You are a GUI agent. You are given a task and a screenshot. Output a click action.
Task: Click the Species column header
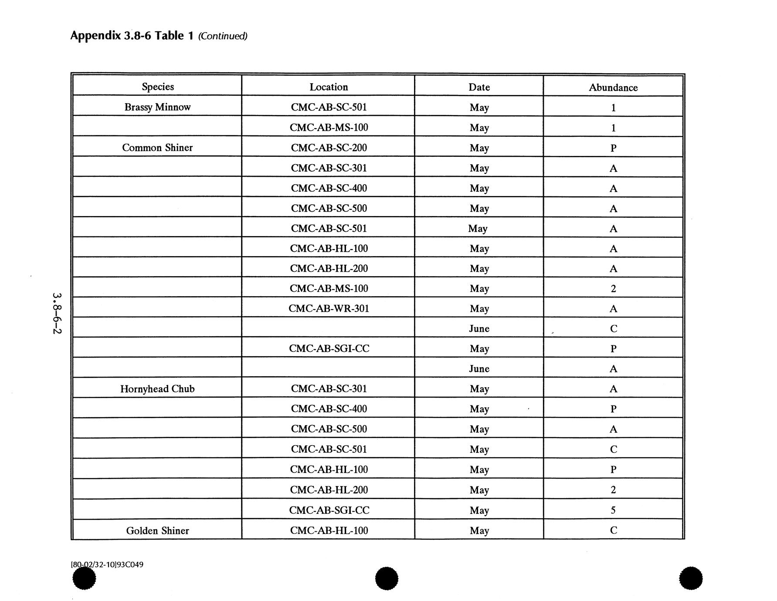click(157, 87)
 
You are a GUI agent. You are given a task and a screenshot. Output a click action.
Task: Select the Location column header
click(329, 87)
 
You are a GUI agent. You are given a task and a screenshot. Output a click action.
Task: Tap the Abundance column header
click(613, 88)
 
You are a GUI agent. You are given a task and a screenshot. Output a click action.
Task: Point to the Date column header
click(479, 88)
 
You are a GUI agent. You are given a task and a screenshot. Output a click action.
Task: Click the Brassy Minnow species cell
click(157, 107)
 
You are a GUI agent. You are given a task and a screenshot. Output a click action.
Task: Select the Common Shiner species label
click(157, 148)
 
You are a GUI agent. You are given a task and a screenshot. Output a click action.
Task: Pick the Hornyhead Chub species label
click(157, 389)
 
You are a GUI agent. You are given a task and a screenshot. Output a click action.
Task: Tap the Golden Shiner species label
click(157, 530)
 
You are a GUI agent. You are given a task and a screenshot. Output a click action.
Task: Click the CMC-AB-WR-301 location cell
click(329, 309)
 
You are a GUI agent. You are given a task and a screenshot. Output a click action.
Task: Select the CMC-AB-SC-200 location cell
click(329, 148)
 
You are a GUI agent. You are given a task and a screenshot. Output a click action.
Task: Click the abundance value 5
click(613, 510)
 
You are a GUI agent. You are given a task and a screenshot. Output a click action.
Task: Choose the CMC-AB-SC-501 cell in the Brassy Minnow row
click(329, 107)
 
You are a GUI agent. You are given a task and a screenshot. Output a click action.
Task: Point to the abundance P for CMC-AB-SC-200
click(613, 148)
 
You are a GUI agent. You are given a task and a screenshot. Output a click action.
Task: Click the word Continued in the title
click(223, 36)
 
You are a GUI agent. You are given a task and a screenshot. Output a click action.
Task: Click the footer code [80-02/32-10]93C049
click(107, 565)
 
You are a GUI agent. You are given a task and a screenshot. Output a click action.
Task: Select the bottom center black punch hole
click(387, 578)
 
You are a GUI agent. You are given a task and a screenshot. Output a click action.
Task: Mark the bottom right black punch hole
click(691, 578)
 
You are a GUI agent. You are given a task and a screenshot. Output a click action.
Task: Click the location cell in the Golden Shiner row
click(329, 530)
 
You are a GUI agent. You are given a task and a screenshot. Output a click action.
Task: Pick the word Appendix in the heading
click(95, 36)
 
